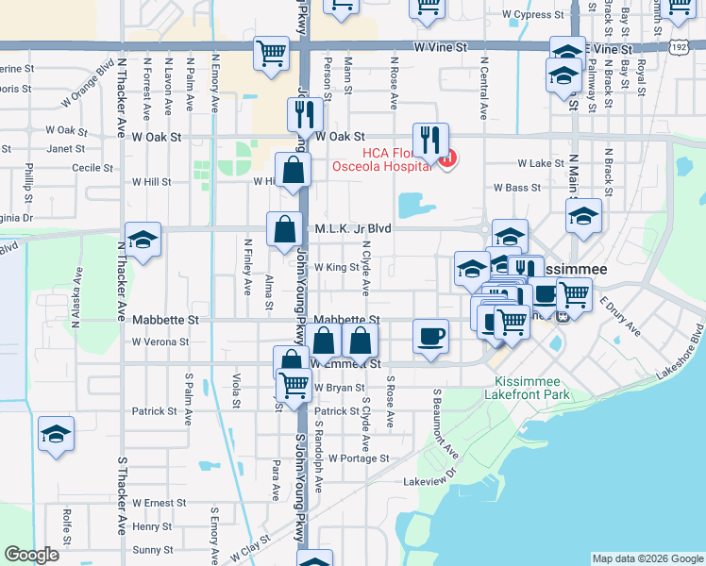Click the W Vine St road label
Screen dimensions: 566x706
(x=440, y=45)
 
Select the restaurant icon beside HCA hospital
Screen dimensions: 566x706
(x=430, y=141)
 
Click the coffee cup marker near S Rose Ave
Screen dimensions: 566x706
(x=431, y=337)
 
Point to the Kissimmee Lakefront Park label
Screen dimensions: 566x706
(x=533, y=388)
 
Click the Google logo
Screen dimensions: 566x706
(x=31, y=554)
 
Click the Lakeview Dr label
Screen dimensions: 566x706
(x=429, y=480)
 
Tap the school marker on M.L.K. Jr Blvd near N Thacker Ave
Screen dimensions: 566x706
(x=143, y=241)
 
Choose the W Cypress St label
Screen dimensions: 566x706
(x=533, y=15)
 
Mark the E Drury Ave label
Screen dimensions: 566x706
(x=621, y=317)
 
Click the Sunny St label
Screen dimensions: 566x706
(x=153, y=549)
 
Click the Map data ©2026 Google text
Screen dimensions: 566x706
(x=647, y=558)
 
